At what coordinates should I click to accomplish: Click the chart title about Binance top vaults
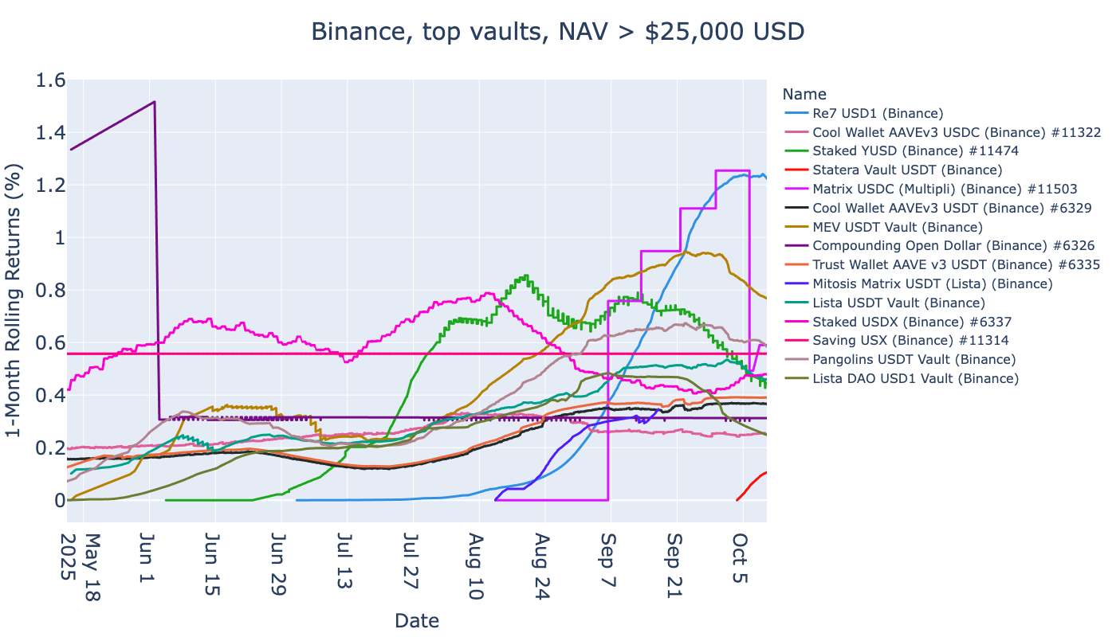pos(557,32)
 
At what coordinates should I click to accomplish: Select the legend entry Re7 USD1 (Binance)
pos(878,112)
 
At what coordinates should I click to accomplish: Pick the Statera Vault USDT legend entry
pos(907,170)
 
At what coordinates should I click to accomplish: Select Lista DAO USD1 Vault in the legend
pos(915,378)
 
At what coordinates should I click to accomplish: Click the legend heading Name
pos(804,94)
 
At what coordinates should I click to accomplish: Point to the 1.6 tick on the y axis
pos(49,80)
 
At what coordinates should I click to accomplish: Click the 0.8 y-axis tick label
pos(49,291)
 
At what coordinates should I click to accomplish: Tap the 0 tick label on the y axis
pos(57,500)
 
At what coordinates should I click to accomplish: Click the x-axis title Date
pos(417,620)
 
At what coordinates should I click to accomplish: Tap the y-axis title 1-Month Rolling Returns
pos(15,300)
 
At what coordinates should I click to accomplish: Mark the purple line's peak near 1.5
pos(154,102)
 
